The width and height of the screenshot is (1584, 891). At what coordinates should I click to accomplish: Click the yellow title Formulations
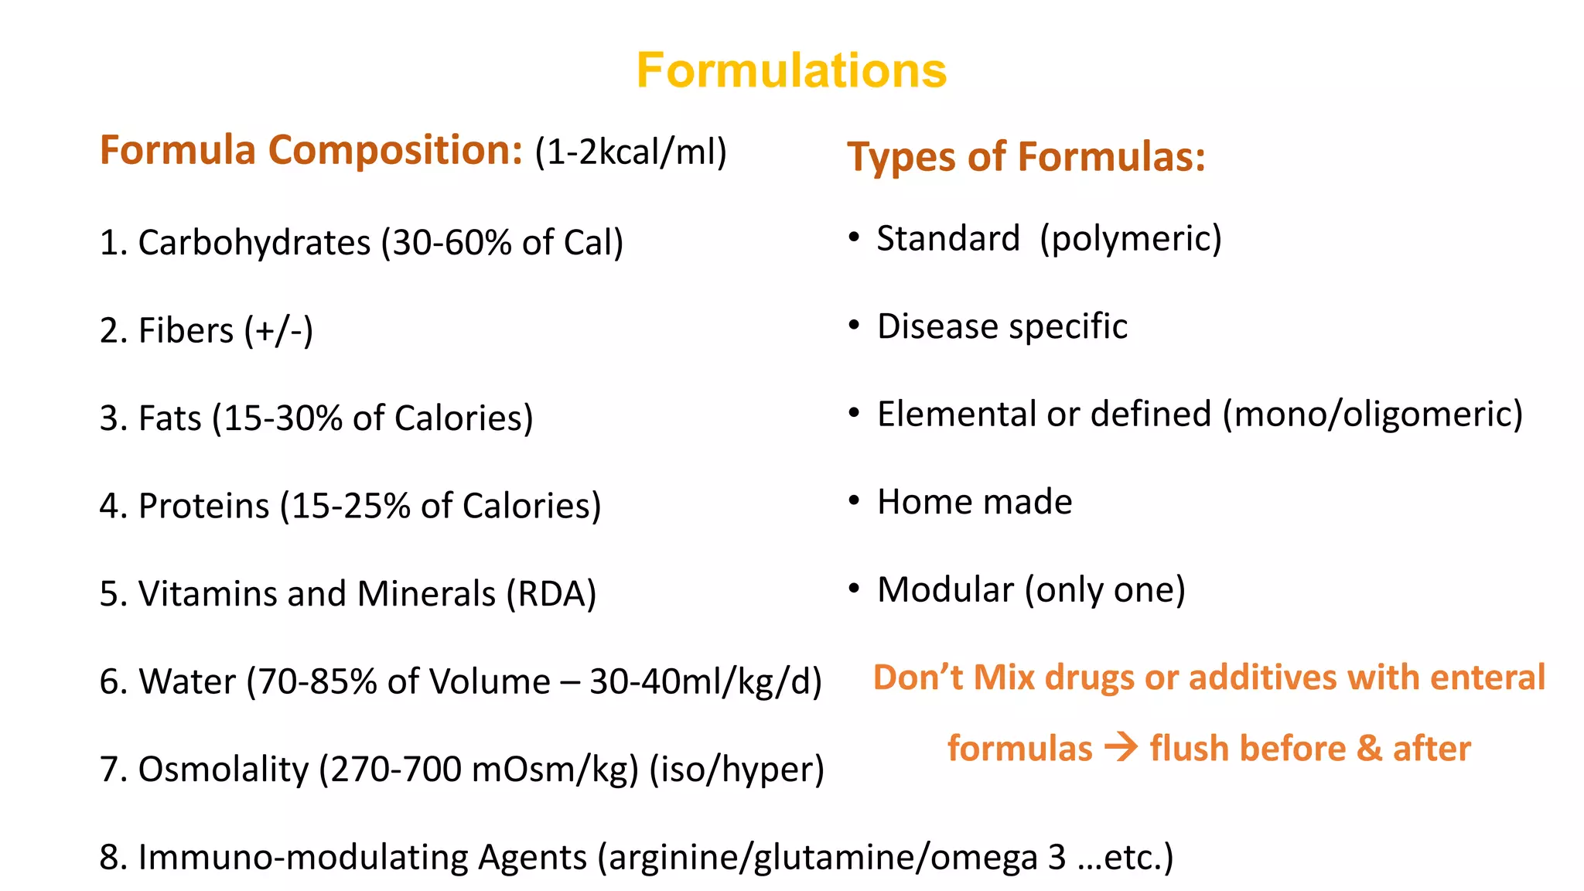[791, 70]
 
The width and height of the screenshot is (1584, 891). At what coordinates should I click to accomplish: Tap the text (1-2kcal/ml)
[630, 152]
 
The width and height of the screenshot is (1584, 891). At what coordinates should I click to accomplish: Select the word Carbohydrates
[254, 243]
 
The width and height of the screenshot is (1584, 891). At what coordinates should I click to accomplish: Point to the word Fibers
[186, 331]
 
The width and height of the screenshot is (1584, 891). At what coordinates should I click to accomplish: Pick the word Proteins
[204, 507]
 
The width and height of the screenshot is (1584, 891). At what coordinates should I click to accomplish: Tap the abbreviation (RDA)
[551, 594]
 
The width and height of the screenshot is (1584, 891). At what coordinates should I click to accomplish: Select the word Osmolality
[223, 770]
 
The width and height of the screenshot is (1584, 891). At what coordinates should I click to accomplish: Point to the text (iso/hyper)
[736, 770]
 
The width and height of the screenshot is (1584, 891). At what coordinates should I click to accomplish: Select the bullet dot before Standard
[854, 237]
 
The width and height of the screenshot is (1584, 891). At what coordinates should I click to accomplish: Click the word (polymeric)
[1131, 238]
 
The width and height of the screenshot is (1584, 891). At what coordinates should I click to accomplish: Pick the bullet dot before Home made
[854, 501]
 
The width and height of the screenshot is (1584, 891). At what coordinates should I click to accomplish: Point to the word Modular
[945, 590]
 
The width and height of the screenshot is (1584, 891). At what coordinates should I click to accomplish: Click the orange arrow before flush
[1121, 748]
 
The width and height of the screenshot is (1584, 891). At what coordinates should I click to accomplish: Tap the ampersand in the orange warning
[1370, 749]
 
